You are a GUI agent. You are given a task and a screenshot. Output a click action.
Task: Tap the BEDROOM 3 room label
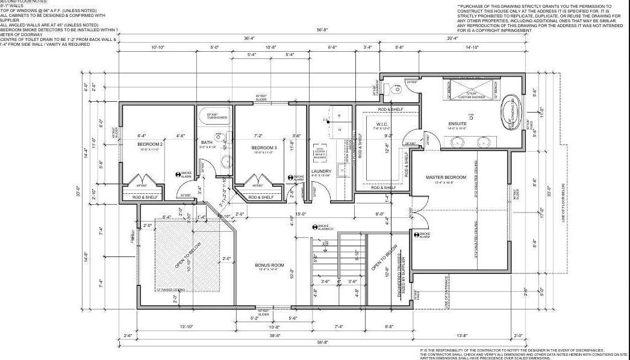(264, 147)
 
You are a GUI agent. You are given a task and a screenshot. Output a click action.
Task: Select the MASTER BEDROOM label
(446, 178)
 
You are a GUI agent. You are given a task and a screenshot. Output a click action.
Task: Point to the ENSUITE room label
(457, 124)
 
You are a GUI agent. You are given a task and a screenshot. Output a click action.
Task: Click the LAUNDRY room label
(321, 172)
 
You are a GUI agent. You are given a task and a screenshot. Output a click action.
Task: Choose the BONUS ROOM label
(269, 265)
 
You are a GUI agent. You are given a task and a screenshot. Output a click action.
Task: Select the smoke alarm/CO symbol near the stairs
(314, 227)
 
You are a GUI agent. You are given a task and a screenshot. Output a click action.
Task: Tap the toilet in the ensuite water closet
(396, 90)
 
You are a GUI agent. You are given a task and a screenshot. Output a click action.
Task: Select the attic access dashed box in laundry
(320, 154)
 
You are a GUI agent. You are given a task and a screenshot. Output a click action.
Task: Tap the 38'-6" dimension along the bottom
(275, 335)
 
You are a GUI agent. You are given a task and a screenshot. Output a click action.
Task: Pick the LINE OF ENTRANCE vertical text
(446, 293)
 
